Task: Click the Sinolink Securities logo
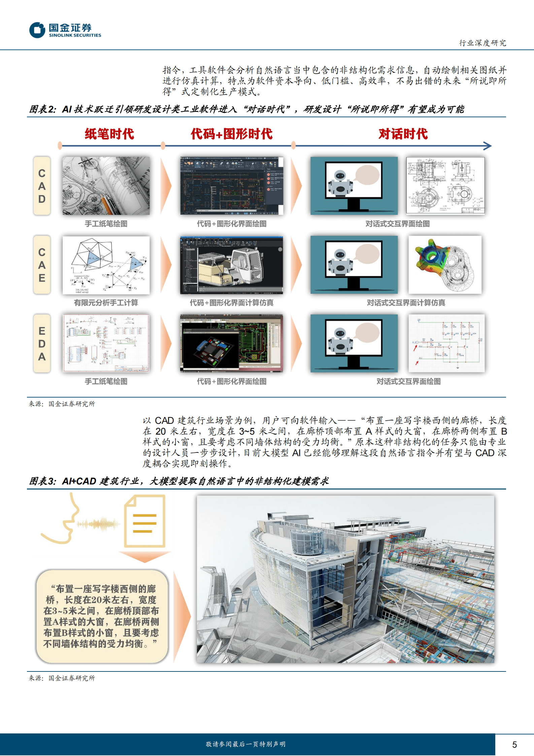point(65,30)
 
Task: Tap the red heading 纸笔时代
point(109,134)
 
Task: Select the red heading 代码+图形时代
point(231,134)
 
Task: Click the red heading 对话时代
point(403,134)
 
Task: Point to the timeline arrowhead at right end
point(488,146)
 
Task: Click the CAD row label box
point(42,186)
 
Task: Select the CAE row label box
point(42,265)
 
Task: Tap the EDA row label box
point(42,343)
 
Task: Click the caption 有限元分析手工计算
point(106,303)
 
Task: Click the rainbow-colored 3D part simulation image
point(445,265)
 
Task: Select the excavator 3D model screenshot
point(231,265)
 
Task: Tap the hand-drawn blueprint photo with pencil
point(106,186)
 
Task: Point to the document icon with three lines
point(145,521)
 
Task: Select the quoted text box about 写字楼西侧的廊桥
point(102,617)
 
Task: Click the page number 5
point(514,745)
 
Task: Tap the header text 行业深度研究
point(482,43)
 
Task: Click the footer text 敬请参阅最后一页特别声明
point(245,744)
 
